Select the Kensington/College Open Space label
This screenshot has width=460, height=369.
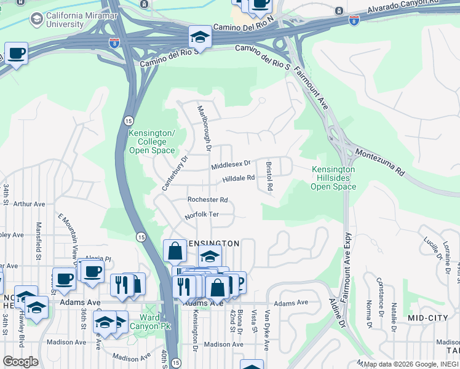(152, 141)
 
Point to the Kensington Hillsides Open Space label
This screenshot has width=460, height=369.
(333, 178)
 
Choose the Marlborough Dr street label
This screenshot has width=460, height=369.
(204, 129)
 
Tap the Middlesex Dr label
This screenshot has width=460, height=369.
(231, 165)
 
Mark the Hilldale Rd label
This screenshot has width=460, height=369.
(238, 178)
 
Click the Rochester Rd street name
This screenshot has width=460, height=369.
(208, 200)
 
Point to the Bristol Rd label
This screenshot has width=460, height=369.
(269, 175)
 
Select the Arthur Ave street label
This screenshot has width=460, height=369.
(29, 204)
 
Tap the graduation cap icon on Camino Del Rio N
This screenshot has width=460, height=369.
(200, 38)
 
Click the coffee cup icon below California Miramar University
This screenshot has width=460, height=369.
(17, 54)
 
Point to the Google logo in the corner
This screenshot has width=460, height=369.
(20, 362)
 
